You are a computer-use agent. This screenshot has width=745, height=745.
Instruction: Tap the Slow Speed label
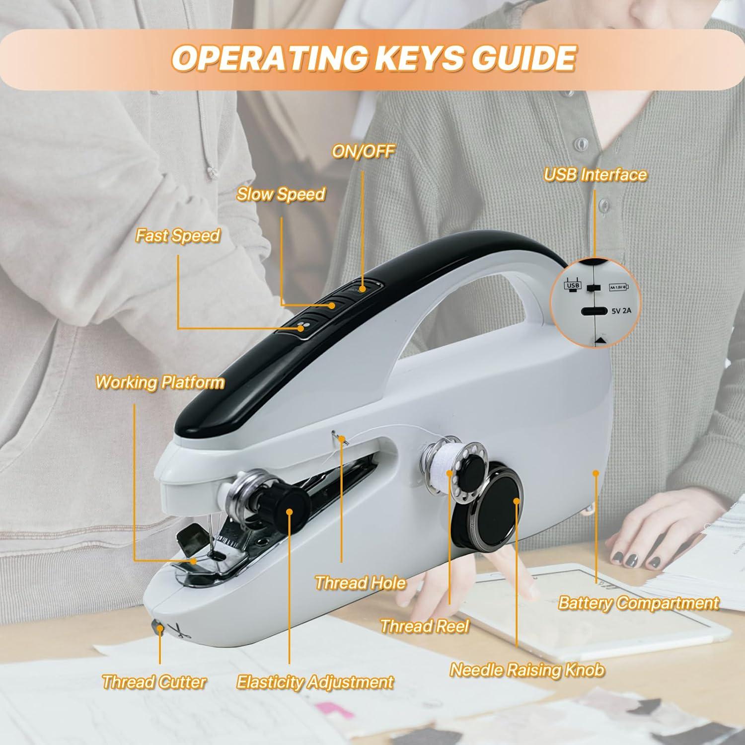pyautogui.click(x=281, y=194)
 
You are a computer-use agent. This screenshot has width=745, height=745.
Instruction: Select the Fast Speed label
pyautogui.click(x=178, y=235)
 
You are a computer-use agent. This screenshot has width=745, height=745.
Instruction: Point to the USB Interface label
pyautogui.click(x=595, y=174)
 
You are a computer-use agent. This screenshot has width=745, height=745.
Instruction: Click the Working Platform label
pyautogui.click(x=159, y=382)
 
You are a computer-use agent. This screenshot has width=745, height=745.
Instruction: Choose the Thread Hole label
pyautogui.click(x=360, y=582)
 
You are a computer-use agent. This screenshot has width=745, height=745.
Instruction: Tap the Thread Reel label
pyautogui.click(x=424, y=626)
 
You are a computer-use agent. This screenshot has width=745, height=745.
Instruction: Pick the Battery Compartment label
pyautogui.click(x=638, y=603)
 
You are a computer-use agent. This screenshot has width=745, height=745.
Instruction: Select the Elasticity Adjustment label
pyautogui.click(x=315, y=681)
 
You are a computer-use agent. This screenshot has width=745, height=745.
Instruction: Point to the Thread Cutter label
pyautogui.click(x=154, y=681)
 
